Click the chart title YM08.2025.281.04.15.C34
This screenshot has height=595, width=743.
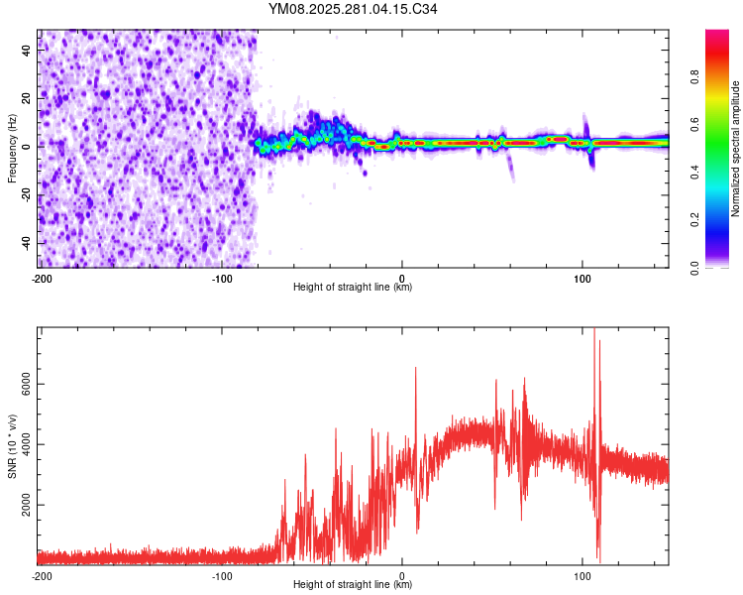click(353, 10)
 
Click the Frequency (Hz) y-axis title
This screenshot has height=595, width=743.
click(12, 149)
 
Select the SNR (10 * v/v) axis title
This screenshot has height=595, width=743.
click(12, 445)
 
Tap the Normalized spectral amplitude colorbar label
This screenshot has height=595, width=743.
click(736, 149)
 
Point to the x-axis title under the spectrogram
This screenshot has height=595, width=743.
click(353, 288)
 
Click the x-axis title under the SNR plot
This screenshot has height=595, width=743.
click(353, 585)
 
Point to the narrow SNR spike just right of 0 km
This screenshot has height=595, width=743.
click(415, 369)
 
